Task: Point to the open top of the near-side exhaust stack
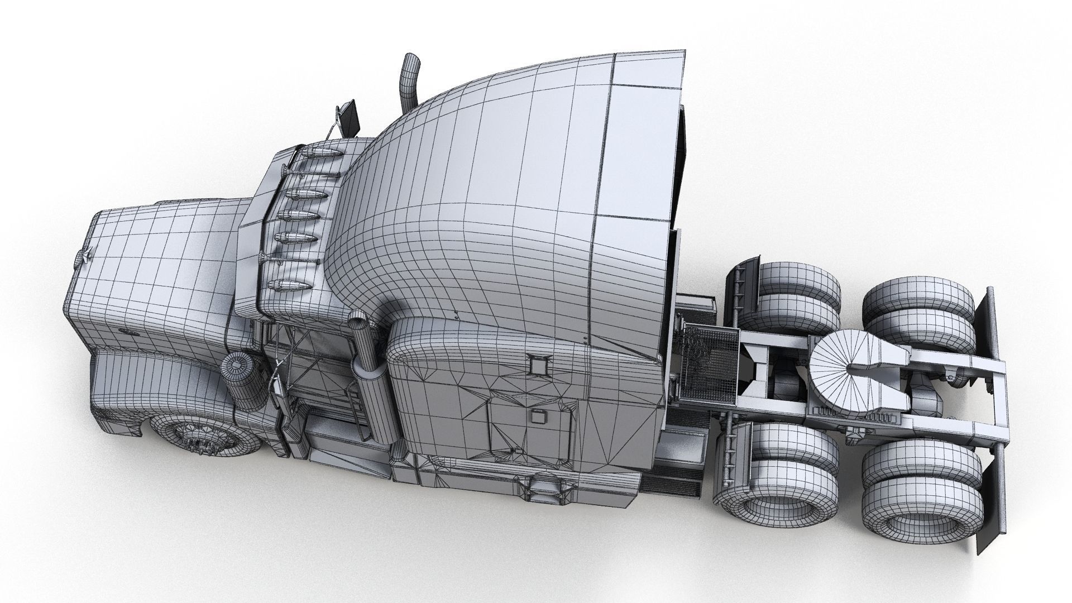point(356,320)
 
